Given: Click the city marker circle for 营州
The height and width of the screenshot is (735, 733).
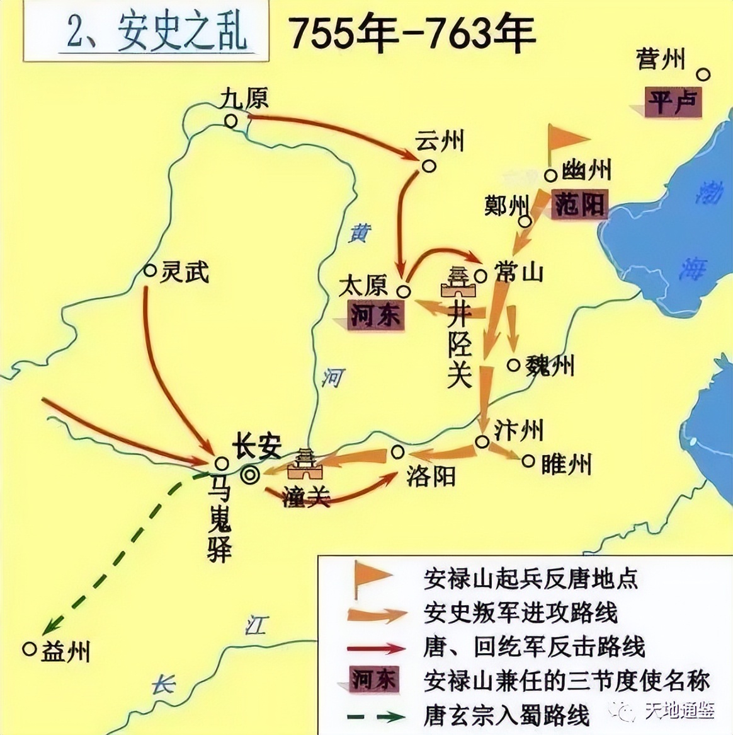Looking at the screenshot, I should coord(704,75).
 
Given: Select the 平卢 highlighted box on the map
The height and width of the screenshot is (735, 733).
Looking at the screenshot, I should coord(672,102).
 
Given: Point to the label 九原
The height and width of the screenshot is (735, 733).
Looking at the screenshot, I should coord(244,98).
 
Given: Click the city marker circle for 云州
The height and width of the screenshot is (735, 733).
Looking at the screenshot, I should coord(429,166).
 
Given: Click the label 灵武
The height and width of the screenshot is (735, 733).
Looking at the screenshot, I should coord(184,272).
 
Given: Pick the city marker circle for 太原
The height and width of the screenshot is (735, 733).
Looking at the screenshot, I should coord(404,291).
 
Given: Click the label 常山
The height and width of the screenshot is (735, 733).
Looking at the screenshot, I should coord(519,272).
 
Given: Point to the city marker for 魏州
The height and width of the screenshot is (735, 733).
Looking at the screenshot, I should coord(514,365).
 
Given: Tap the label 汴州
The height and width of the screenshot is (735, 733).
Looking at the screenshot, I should coord(518,431).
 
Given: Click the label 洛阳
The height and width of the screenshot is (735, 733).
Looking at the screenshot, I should coord(430,477).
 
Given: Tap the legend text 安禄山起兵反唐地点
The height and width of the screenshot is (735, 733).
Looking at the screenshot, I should coord(531,578).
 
